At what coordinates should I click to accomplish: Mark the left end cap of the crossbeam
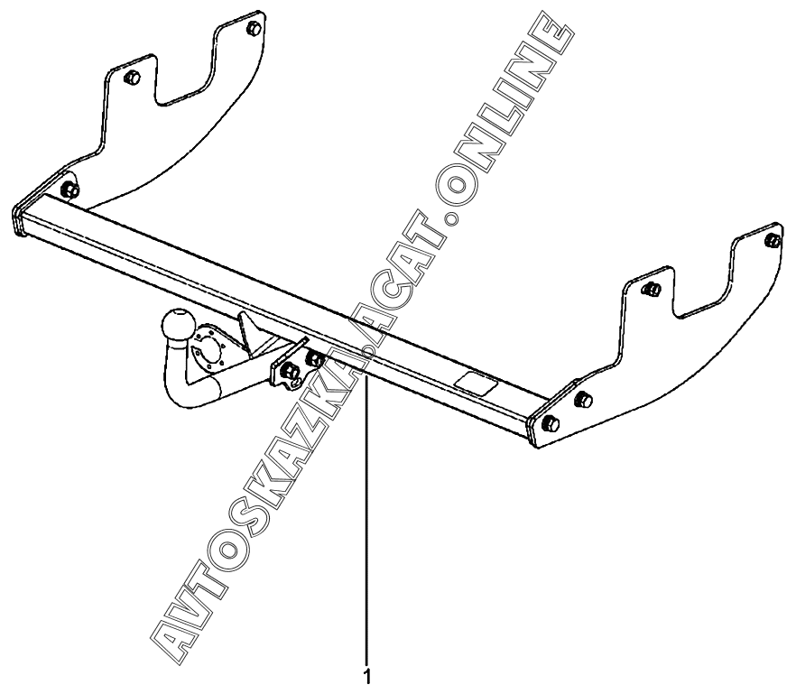pyautogui.click(x=19, y=221)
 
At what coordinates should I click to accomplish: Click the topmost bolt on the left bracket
pyautogui.click(x=254, y=29)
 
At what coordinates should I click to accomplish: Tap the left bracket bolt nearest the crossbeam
pyautogui.click(x=70, y=190)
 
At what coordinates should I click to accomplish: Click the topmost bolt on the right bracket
pyautogui.click(x=772, y=240)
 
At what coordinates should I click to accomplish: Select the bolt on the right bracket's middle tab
pyautogui.click(x=653, y=290)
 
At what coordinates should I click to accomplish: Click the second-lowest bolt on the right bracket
pyautogui.click(x=583, y=400)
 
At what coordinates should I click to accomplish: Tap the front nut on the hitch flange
pyautogui.click(x=290, y=372)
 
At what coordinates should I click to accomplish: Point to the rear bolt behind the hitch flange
pyautogui.click(x=314, y=359)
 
